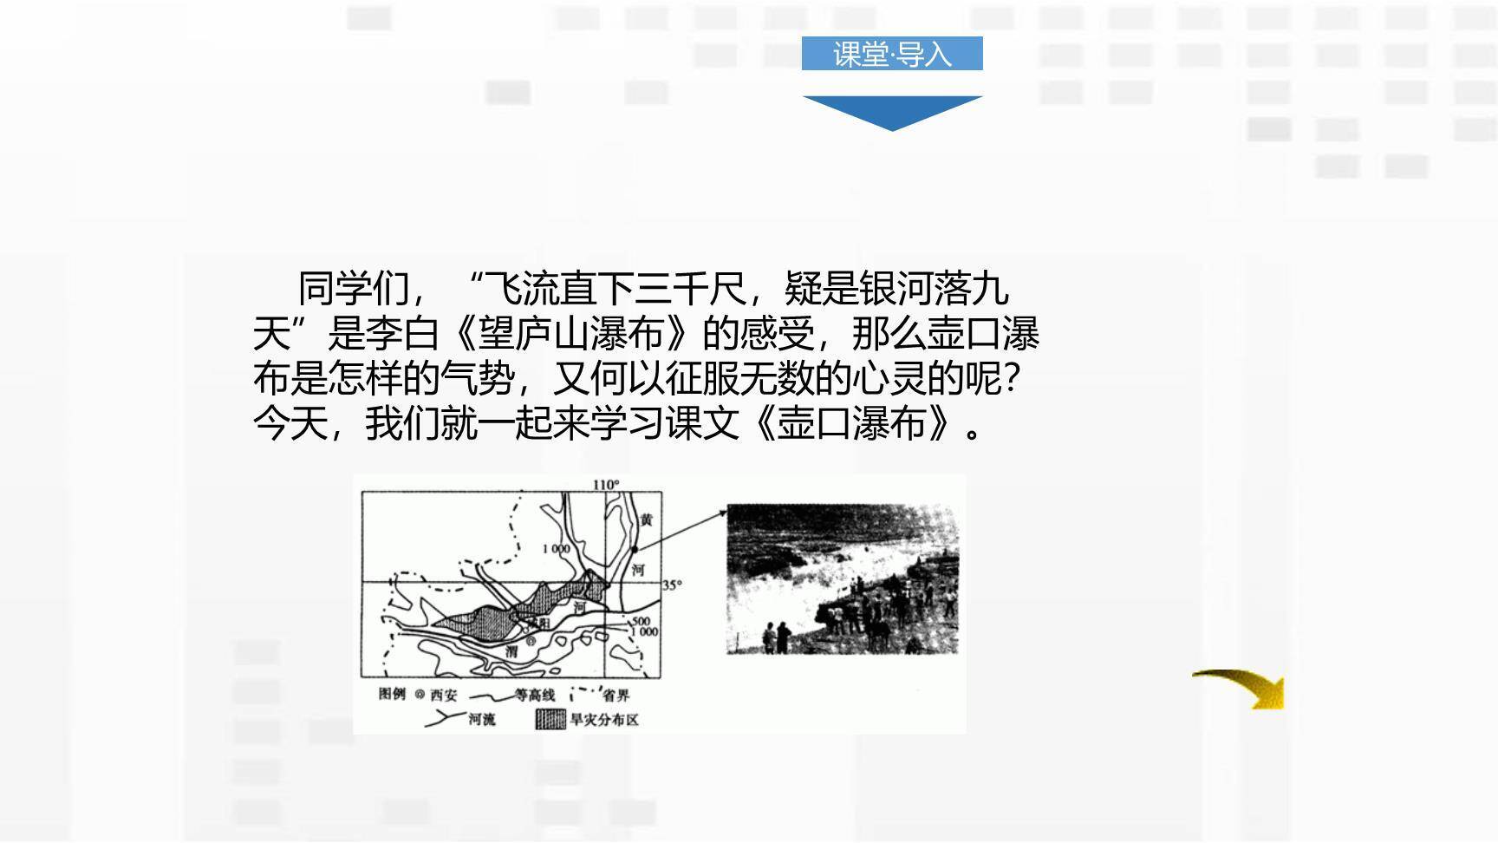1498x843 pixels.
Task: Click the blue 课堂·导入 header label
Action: pos(892,54)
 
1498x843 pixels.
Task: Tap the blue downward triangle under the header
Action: pos(892,111)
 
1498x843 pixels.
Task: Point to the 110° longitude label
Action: pos(606,485)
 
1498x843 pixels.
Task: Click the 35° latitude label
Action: pos(672,585)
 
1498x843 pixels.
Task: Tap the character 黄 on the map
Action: pos(646,520)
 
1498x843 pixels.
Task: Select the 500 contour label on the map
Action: pos(641,621)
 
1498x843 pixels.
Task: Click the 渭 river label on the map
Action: pos(512,651)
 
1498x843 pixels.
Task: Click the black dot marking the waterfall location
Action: pos(635,549)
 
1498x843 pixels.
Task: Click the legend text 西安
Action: pos(443,696)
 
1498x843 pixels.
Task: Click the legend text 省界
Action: pos(616,696)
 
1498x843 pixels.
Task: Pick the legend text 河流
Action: pos(482,719)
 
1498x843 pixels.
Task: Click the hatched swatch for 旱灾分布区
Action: pos(550,720)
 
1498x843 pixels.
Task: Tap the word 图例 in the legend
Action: pos(392,694)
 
